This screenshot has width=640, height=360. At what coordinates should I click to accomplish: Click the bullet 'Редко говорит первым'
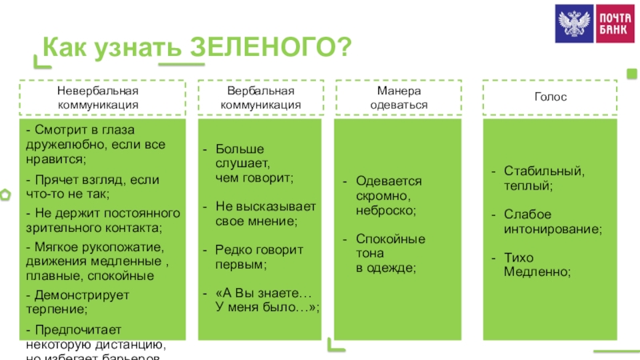click(259, 256)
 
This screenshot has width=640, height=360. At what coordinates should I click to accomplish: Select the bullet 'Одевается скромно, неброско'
click(388, 195)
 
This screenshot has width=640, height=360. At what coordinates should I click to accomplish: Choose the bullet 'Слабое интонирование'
click(552, 221)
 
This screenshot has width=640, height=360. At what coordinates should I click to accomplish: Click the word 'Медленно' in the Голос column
click(536, 272)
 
